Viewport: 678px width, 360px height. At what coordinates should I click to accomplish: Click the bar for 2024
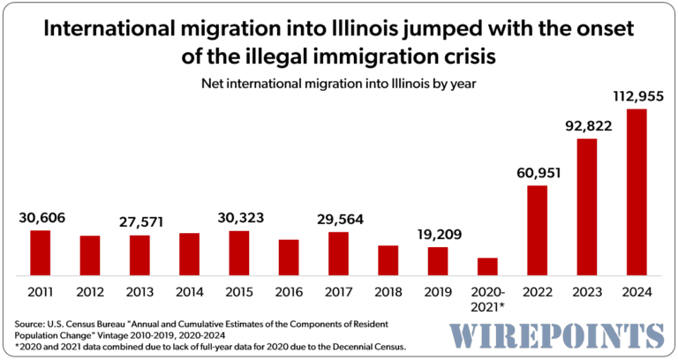(636, 192)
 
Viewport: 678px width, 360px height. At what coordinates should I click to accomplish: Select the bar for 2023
(586, 206)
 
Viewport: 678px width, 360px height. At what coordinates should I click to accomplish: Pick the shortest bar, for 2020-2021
(487, 266)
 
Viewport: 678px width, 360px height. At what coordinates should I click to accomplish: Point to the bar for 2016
(289, 257)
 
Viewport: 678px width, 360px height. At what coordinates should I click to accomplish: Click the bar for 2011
(41, 252)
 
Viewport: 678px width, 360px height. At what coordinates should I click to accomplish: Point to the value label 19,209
(437, 234)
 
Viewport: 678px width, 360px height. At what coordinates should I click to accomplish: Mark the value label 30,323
(238, 217)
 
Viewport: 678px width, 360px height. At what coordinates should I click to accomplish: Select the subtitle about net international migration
(338, 84)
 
